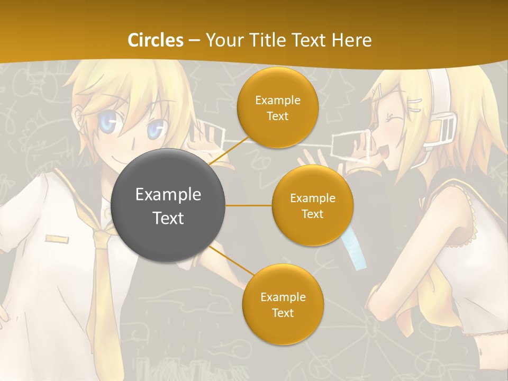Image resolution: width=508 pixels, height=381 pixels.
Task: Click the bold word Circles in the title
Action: (x=156, y=40)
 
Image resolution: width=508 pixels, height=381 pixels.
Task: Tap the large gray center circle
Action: (x=168, y=205)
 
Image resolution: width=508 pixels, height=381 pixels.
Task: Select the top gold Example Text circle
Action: (x=277, y=108)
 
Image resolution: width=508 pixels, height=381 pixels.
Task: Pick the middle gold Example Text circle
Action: (x=312, y=205)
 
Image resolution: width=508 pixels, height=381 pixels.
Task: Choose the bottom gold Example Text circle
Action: (x=283, y=304)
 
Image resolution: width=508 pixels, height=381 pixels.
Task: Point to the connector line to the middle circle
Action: (x=249, y=205)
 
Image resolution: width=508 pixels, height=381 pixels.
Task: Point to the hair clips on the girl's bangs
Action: (x=414, y=101)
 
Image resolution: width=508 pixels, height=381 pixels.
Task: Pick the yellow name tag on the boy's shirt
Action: (x=57, y=239)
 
